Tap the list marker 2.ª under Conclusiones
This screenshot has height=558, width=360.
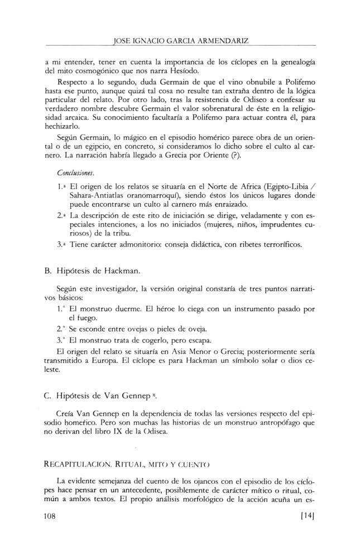pyautogui.click(x=63, y=214)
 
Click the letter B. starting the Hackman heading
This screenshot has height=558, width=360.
pyautogui.click(x=47, y=270)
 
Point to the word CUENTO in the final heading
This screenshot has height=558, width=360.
pyautogui.click(x=195, y=463)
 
